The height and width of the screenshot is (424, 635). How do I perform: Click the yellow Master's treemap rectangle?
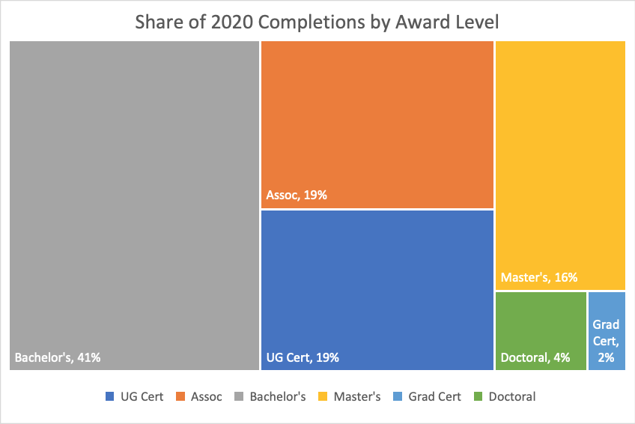tap(560, 150)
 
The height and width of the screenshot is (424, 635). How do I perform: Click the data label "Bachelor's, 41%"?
tap(58, 357)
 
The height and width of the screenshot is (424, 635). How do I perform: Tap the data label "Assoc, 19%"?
tap(297, 196)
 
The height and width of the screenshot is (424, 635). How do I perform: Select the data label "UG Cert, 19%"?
tap(303, 357)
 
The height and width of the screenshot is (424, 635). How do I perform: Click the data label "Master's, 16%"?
tap(538, 277)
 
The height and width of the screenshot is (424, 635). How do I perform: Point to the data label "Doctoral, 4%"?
tap(535, 357)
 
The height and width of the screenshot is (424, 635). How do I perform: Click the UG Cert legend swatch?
tap(110, 396)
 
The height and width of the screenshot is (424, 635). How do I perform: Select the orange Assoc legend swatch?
tap(180, 396)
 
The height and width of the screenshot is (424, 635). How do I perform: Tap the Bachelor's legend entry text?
tap(277, 396)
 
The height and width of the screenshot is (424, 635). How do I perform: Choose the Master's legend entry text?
tap(357, 396)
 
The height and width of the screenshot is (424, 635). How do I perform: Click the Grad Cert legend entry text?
tap(435, 396)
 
